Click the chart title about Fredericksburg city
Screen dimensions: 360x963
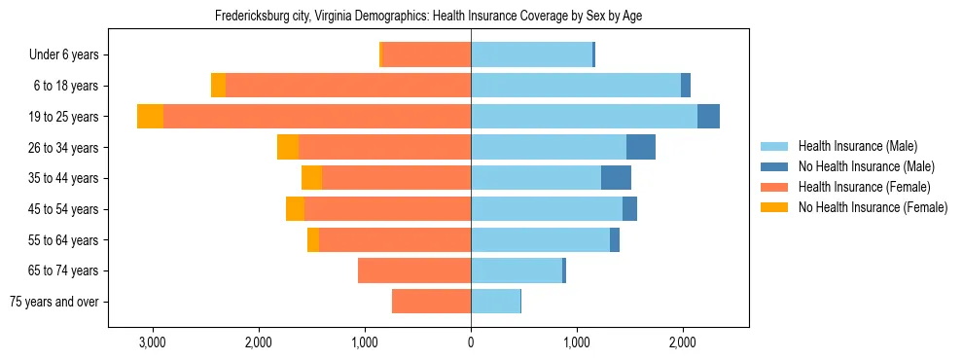coord(428,16)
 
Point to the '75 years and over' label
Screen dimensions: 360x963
coord(54,302)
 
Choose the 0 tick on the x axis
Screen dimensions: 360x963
coord(471,342)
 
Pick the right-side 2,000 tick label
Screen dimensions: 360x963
coord(683,342)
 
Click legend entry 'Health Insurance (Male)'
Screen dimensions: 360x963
coord(857,146)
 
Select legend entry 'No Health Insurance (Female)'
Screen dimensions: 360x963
coord(873,207)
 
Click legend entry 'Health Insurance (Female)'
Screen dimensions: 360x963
coord(864,187)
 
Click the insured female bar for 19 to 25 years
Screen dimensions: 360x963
coord(317,117)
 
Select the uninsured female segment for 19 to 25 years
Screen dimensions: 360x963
coord(150,117)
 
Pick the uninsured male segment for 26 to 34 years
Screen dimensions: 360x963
coord(641,147)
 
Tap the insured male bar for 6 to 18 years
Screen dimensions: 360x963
coord(576,86)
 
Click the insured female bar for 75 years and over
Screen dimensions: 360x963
coord(431,302)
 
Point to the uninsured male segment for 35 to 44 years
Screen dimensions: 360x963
coord(616,178)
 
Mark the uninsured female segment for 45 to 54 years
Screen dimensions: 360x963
coord(295,209)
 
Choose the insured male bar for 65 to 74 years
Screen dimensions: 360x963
coord(517,270)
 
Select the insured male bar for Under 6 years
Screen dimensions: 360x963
coord(531,55)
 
